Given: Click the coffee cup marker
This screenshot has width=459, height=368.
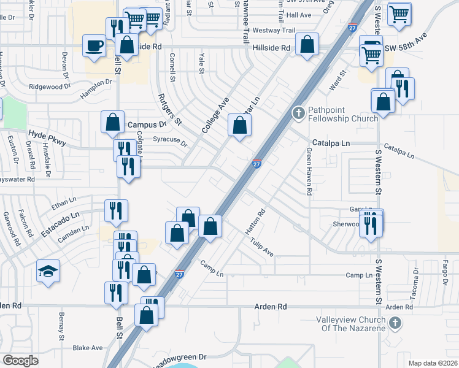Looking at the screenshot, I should pyautogui.click(x=94, y=47).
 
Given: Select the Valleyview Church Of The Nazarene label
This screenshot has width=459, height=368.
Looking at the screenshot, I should pyautogui.click(x=351, y=324).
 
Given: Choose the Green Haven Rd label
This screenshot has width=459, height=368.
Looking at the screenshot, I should pyautogui.click(x=309, y=174).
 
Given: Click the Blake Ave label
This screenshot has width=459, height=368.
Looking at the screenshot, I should pyautogui.click(x=88, y=348).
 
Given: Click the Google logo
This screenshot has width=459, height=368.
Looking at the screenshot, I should pyautogui.click(x=20, y=361).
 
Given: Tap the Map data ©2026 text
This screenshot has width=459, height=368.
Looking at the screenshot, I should pyautogui.click(x=433, y=363).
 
